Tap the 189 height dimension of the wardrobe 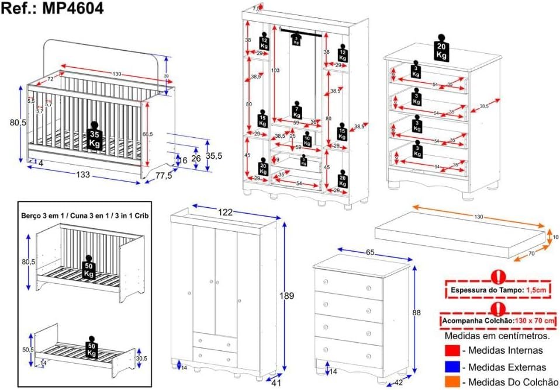(286, 296)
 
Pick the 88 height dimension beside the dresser (416, 313)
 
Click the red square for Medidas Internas (451, 351)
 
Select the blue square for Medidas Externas (451, 367)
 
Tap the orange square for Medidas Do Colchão (451, 382)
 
